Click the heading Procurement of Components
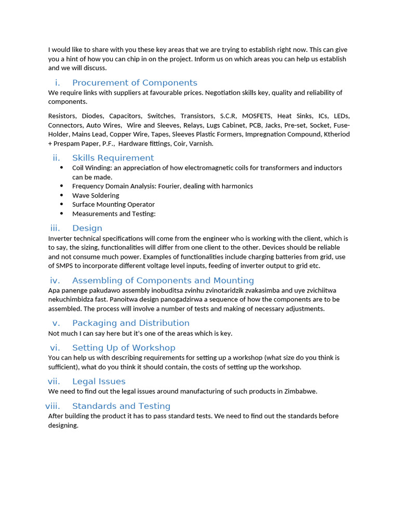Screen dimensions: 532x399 [135, 83]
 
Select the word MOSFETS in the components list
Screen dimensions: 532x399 [256, 116]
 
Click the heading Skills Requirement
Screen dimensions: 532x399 [113, 158]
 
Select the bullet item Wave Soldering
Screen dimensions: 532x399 [96, 195]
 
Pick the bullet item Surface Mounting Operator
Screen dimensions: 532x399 [113, 205]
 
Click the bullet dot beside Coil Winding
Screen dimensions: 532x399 [62, 167]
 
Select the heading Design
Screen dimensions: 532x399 [87, 228]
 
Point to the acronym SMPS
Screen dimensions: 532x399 [65, 266]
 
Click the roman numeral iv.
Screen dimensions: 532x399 [55, 281]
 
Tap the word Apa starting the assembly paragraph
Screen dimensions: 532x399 [54, 290]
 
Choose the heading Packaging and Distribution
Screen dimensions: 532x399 [130, 323]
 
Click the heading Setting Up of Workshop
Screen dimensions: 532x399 [124, 348]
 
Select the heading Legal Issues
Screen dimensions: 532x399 [99, 381]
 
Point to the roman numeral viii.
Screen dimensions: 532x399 [52, 406]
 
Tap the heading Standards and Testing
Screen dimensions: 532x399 [121, 406]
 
